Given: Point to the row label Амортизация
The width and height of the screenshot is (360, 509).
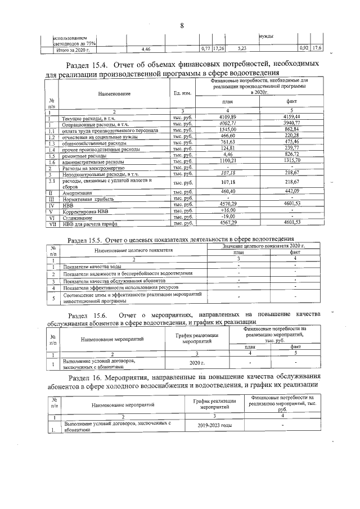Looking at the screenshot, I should [x=79, y=192].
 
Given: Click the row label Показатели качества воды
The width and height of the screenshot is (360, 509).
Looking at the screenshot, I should [x=91, y=267].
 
